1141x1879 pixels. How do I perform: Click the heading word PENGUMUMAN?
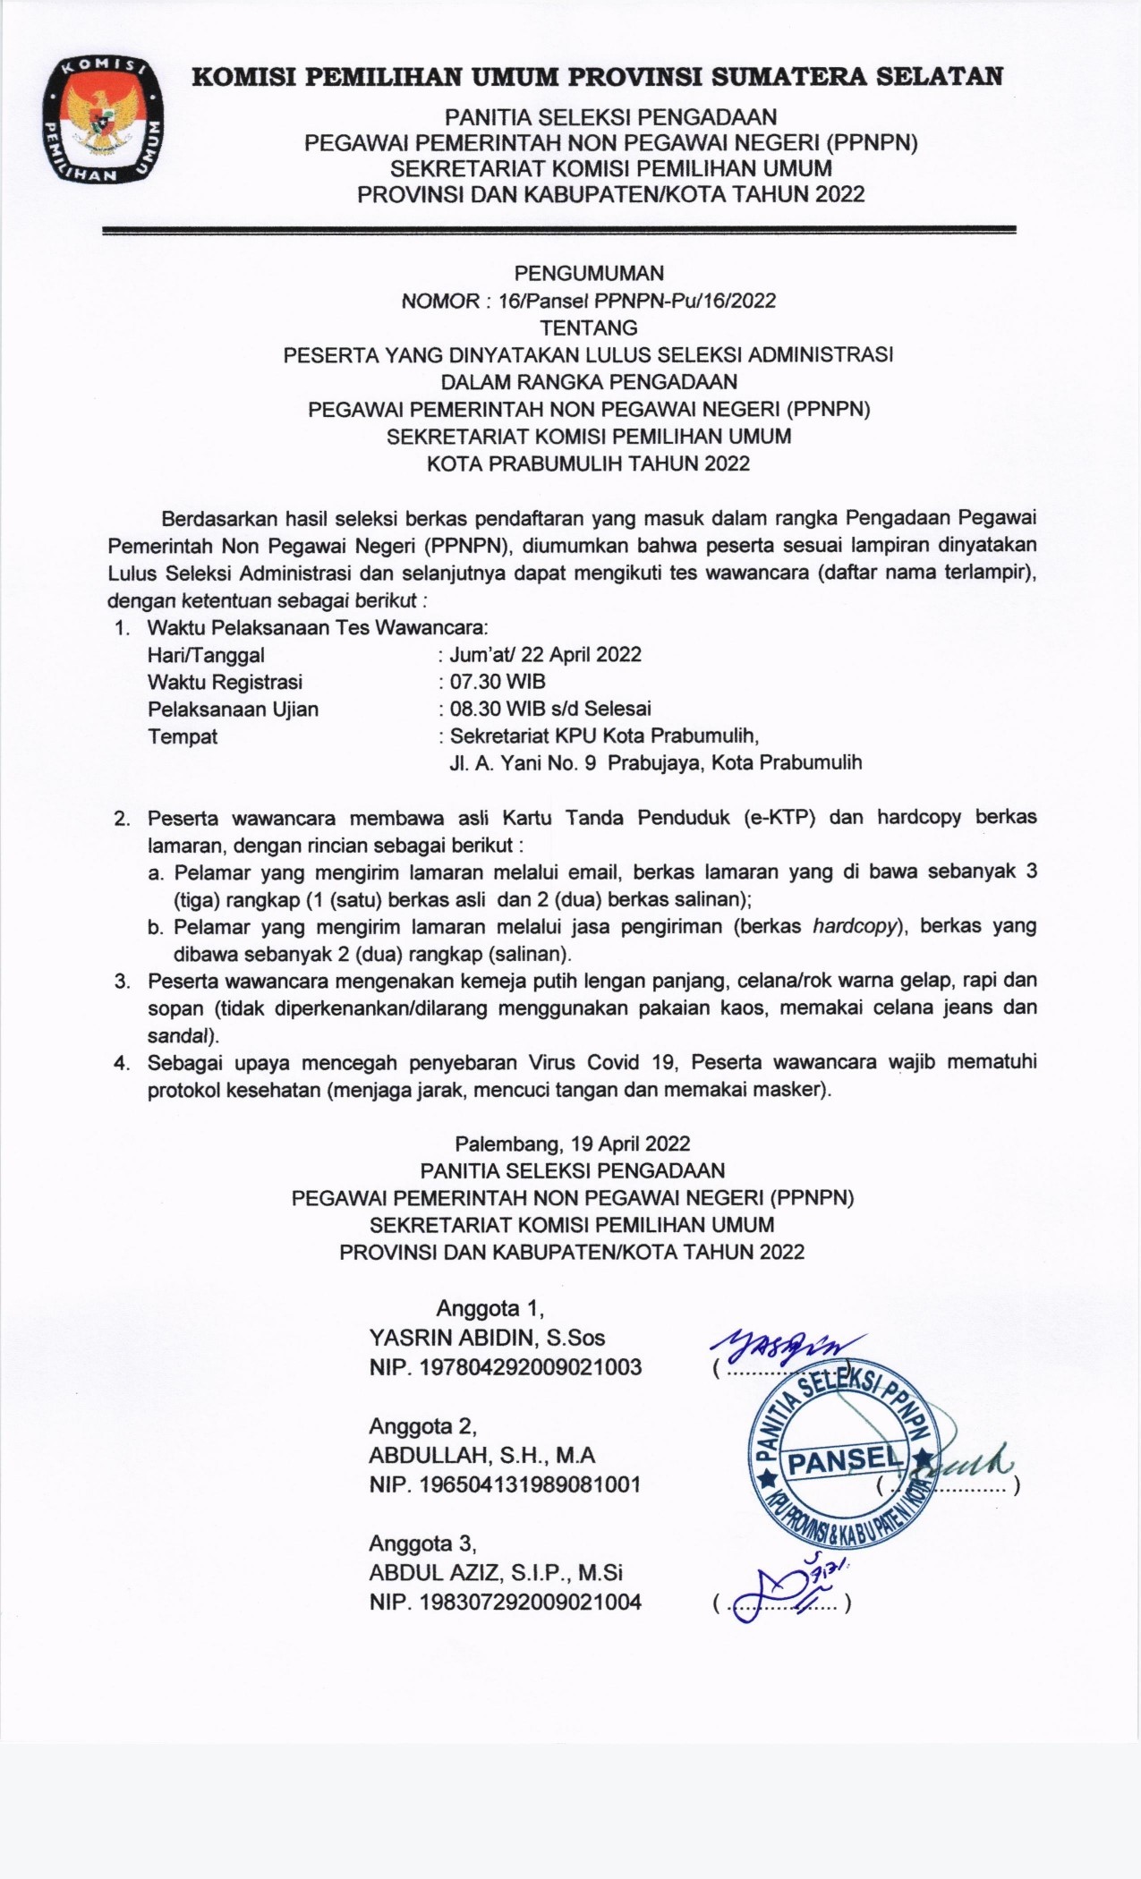click(588, 273)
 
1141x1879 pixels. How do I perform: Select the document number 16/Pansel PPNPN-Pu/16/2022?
click(637, 301)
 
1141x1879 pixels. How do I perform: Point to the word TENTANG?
click(588, 327)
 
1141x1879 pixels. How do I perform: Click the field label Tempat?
click(183, 736)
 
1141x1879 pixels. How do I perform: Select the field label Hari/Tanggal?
click(206, 654)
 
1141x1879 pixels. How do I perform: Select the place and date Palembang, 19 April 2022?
click(573, 1144)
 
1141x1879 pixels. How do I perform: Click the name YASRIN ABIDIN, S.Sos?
click(487, 1338)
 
